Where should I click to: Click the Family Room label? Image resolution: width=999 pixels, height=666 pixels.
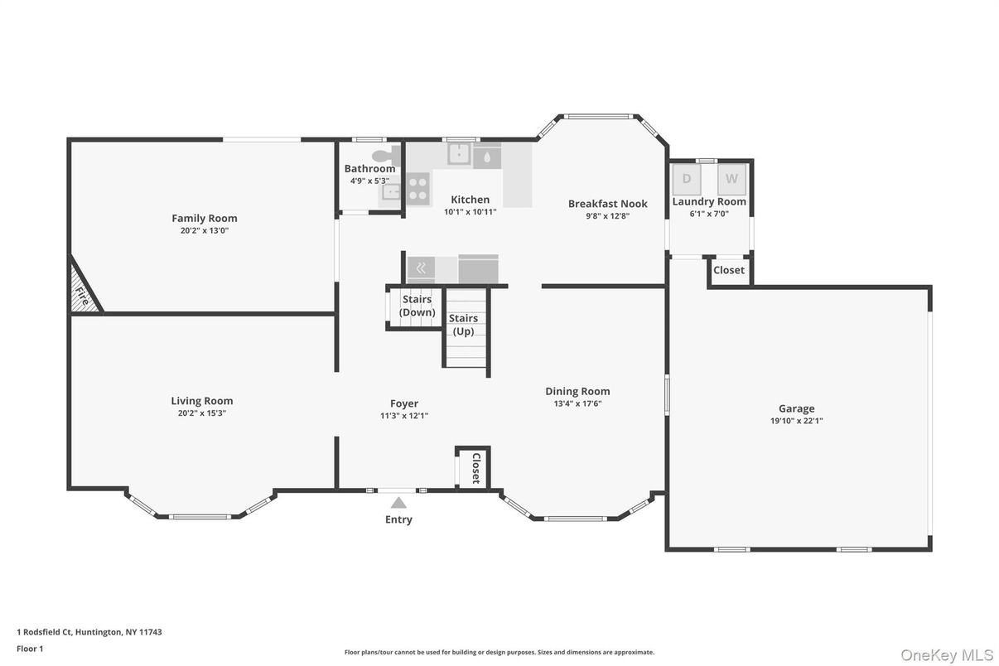coord(204,219)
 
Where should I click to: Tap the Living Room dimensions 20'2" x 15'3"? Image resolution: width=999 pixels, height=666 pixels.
coord(201,413)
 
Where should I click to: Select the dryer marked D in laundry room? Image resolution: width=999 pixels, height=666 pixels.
coord(687,179)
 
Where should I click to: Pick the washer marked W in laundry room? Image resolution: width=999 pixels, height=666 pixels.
coord(732,179)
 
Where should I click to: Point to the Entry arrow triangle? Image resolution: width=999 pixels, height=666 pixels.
coord(398,502)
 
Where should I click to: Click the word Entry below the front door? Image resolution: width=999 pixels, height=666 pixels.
coord(398,519)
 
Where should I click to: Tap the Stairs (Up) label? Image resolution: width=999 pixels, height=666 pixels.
coord(463,325)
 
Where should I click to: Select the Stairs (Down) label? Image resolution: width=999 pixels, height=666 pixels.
coord(417,306)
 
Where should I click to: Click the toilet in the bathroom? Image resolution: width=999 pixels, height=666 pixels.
coord(384,155)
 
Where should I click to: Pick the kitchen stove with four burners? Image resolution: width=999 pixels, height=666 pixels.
coord(417,189)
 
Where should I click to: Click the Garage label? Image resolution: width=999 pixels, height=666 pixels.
coord(796,408)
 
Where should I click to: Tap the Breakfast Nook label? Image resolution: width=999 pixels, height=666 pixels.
coord(607,204)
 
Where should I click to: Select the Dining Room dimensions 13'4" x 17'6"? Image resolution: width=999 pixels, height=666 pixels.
coord(577,404)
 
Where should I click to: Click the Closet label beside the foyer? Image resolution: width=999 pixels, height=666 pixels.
coord(475,468)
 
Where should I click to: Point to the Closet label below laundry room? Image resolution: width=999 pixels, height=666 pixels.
coord(729,270)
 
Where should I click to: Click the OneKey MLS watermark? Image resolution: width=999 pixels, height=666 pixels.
coord(947,655)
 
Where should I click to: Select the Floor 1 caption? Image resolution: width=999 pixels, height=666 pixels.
coord(30,649)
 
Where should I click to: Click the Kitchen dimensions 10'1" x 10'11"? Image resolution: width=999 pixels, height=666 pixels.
coord(470,212)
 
